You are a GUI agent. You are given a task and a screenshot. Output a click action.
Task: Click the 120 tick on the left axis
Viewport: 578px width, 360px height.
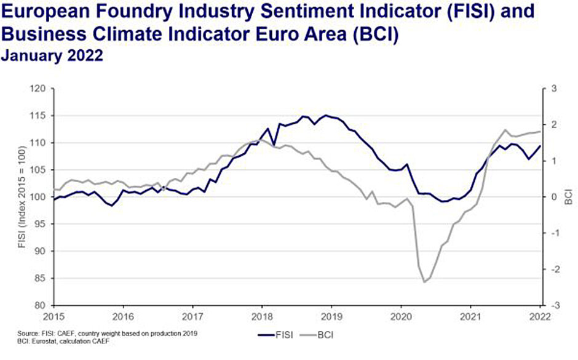coord(39,89)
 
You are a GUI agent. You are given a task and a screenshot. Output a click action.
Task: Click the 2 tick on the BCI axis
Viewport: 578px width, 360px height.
coord(553,125)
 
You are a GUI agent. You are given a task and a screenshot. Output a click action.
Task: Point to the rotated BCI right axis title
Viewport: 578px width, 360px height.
coord(568,197)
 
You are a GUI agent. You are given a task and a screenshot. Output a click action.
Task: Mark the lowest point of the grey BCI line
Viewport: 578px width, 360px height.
coord(424,282)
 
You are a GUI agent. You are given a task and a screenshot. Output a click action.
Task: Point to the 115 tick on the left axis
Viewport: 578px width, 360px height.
coord(39,116)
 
